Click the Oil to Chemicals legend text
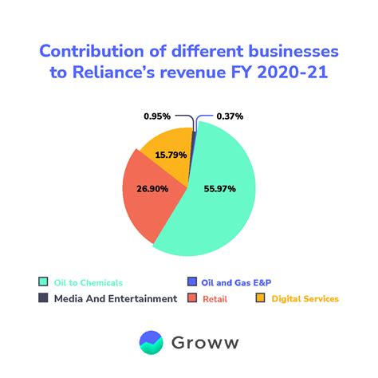[89, 282]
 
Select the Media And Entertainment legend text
[116, 299]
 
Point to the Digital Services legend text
[305, 299]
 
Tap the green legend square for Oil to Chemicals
[43, 282]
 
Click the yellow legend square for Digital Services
[260, 299]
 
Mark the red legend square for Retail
[192, 299]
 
